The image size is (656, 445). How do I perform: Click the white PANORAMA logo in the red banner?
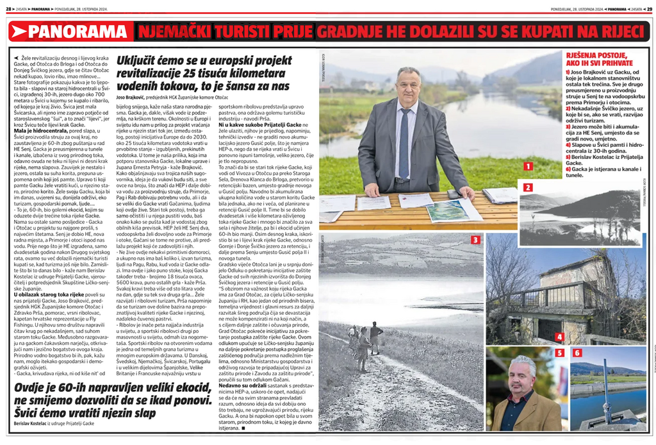pyautogui.click(x=75, y=31)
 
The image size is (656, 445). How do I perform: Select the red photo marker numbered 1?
pyautogui.click(x=528, y=166)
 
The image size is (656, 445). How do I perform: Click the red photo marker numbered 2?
pyautogui.click(x=528, y=188)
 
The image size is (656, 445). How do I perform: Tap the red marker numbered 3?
pyautogui.click(x=475, y=240)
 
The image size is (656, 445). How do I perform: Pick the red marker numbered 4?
pyautogui.click(x=559, y=336)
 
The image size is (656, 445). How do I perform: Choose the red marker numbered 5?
pyautogui.click(x=559, y=353)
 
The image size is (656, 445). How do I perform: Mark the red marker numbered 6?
pyautogui.click(x=577, y=353)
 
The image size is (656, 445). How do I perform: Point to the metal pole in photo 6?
pyautogui.click(x=605, y=385)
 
